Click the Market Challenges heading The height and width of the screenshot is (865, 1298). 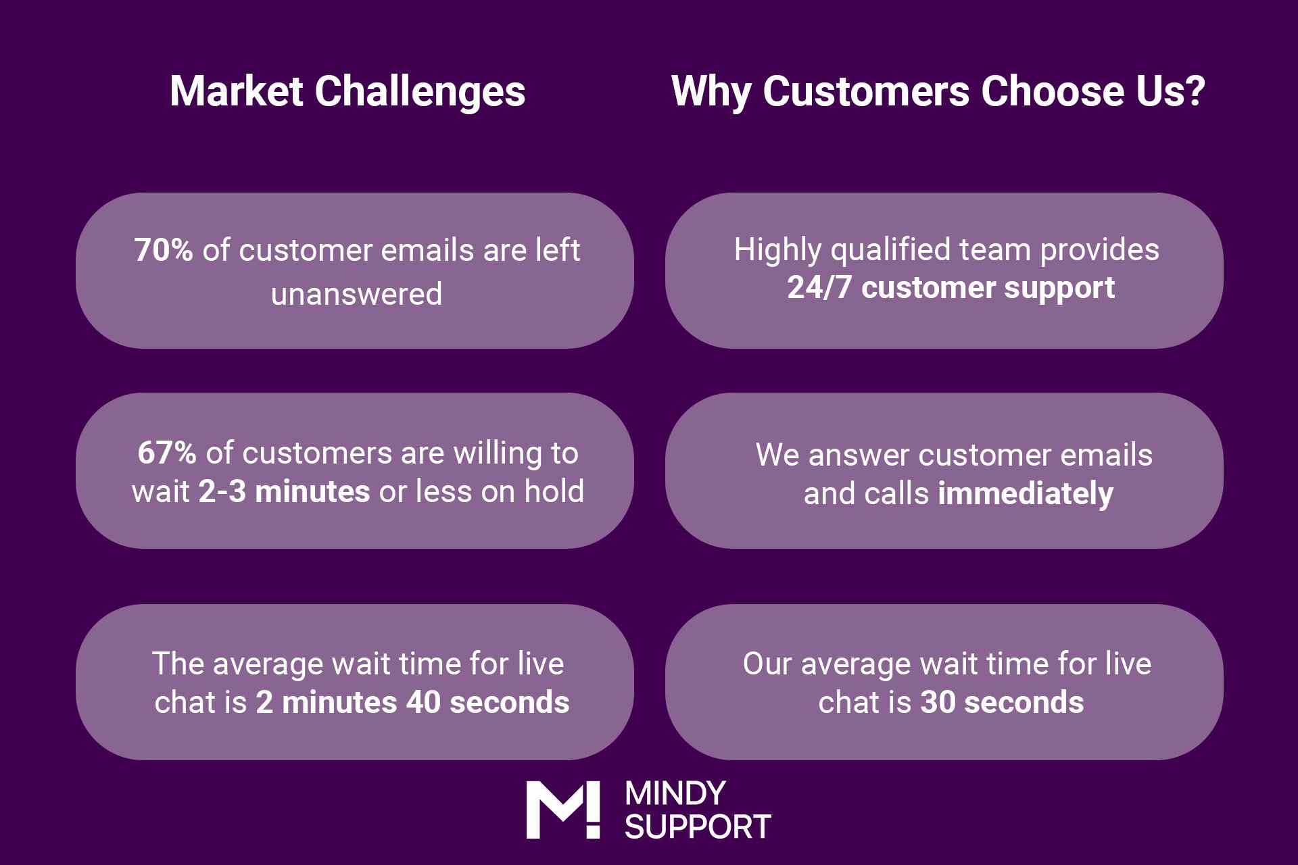tap(347, 92)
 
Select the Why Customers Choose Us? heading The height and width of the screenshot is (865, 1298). tap(938, 92)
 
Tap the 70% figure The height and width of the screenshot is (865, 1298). tap(164, 250)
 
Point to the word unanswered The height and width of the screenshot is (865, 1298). tap(356, 294)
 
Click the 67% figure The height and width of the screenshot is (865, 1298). tap(167, 453)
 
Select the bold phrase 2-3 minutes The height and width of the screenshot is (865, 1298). tap(284, 491)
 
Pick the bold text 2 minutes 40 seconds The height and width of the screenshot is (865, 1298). tap(412, 702)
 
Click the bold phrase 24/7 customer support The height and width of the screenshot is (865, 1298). tap(951, 288)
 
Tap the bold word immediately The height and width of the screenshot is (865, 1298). tap(1026, 494)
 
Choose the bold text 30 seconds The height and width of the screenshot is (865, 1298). tap(1003, 702)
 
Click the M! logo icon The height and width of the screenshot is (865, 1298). tap(563, 810)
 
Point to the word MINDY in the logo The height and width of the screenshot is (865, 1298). tap(675, 793)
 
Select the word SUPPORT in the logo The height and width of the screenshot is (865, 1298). tap(698, 826)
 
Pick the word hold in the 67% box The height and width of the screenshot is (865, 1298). tap(554, 491)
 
